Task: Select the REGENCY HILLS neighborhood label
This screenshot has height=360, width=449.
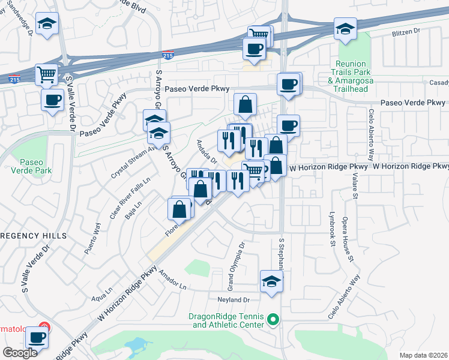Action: [33, 236]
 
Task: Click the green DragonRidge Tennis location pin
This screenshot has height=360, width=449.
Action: [273, 319]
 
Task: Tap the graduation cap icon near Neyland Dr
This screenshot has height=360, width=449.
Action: [271, 281]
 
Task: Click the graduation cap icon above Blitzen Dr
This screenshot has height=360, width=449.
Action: [345, 29]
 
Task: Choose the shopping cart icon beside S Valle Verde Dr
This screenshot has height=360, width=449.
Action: [46, 75]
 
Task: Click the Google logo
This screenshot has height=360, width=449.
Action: [20, 353]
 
